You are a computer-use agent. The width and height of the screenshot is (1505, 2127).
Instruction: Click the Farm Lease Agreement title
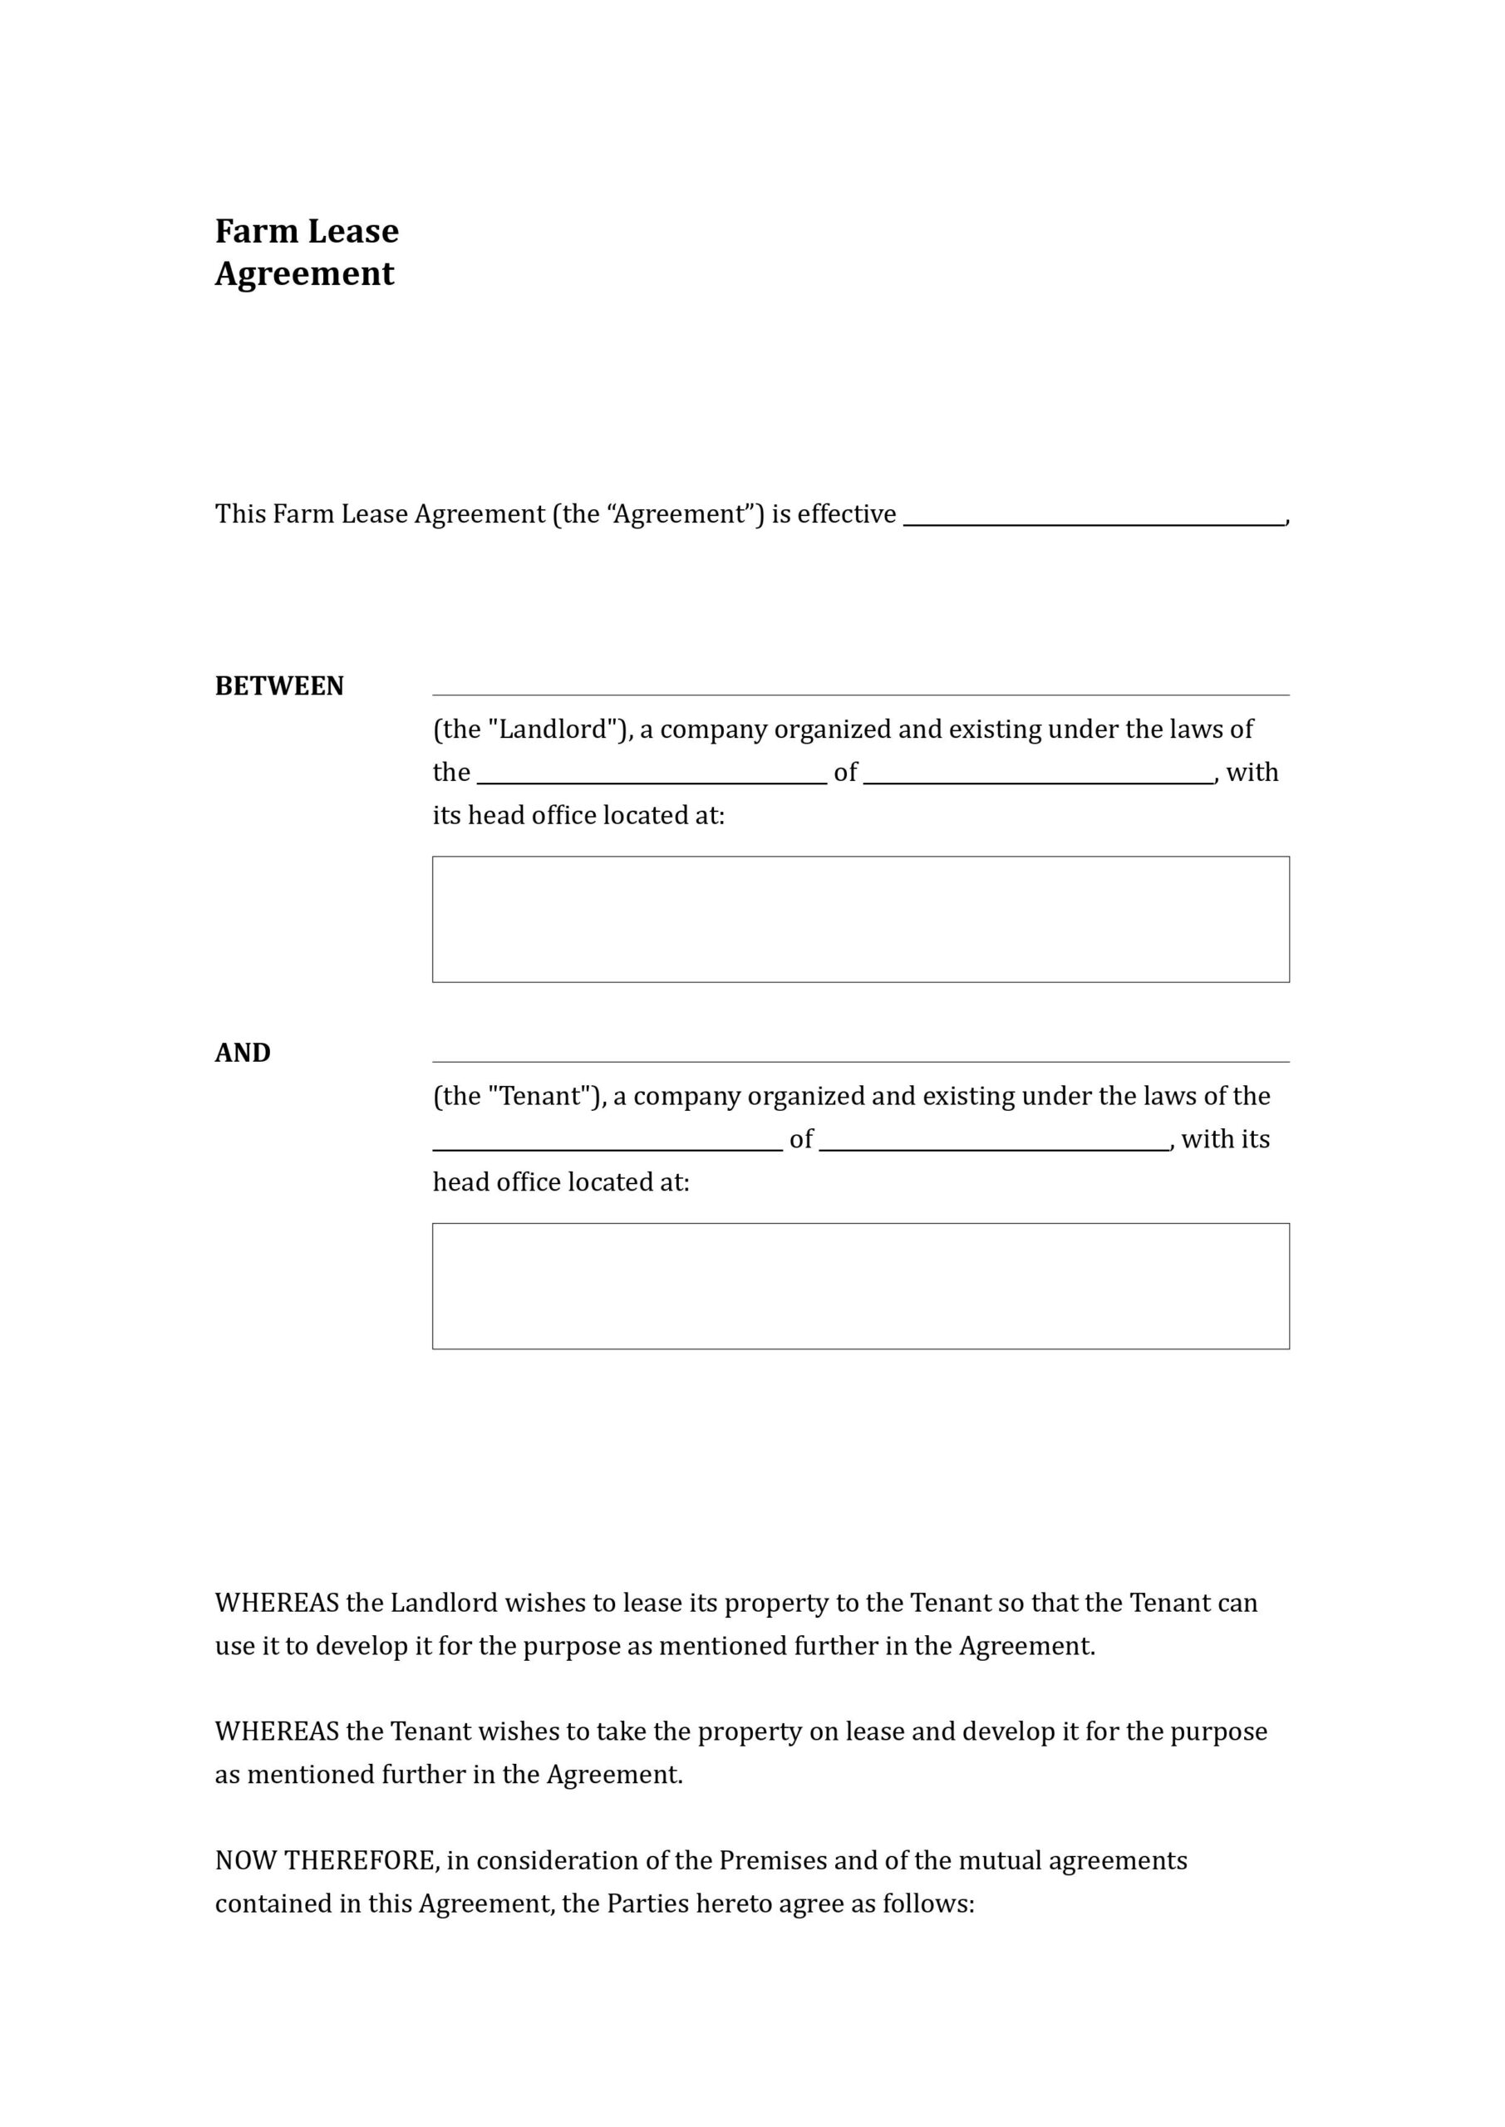click(307, 252)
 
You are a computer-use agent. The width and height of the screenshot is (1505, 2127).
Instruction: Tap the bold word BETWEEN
click(279, 686)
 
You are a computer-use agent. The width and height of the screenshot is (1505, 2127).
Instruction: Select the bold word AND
click(243, 1054)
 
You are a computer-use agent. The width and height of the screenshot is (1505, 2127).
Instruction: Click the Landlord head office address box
click(860, 919)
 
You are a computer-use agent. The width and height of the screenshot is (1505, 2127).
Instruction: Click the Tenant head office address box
click(860, 1286)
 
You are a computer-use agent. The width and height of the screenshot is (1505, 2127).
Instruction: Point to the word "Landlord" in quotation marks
click(553, 730)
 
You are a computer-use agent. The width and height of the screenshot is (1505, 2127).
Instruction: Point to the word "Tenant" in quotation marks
click(539, 1097)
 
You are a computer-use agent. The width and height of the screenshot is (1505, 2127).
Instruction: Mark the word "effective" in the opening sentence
click(846, 514)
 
